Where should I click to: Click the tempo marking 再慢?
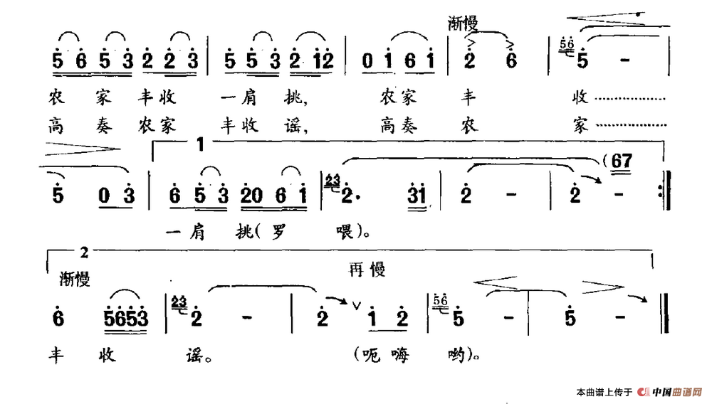tap(367, 270)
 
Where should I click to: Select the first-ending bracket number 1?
tap(201, 144)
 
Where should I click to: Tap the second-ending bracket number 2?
tap(85, 253)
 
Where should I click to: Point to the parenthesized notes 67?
tap(621, 161)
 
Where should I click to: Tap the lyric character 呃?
tap(372, 355)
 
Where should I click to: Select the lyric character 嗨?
tap(399, 355)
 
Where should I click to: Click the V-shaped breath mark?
tap(357, 306)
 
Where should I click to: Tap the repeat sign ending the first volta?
tap(664, 191)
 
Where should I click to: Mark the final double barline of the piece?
tap(665, 314)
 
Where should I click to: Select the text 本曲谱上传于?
tap(604, 392)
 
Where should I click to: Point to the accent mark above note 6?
tap(511, 44)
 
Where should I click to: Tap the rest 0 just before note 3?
tap(104, 196)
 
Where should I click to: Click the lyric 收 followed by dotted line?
tap(580, 97)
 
